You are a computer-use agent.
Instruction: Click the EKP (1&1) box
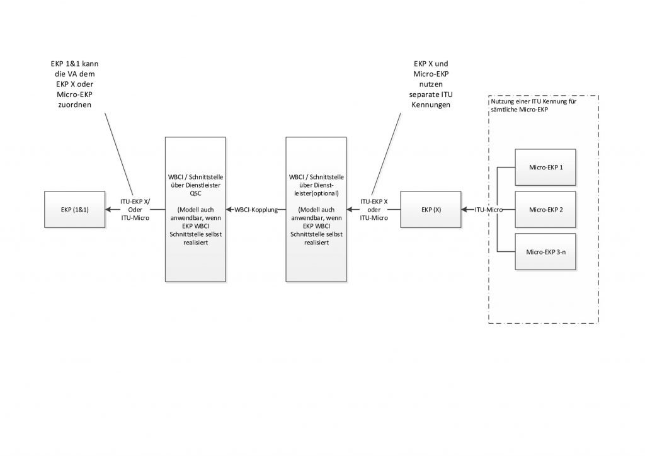pyautogui.click(x=74, y=209)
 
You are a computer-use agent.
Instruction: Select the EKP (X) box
pyautogui.click(x=431, y=209)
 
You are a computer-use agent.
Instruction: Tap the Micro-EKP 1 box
pyautogui.click(x=545, y=168)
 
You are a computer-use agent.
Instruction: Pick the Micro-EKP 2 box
pyautogui.click(x=545, y=209)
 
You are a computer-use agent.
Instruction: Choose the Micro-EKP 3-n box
pyautogui.click(x=545, y=252)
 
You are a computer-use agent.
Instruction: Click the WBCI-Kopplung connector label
pyautogui.click(x=256, y=210)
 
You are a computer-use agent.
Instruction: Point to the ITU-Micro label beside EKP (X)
pyautogui.click(x=489, y=210)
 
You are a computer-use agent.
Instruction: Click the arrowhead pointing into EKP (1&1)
pyautogui.click(x=108, y=209)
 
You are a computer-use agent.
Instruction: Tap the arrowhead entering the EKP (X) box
pyautogui.click(x=464, y=209)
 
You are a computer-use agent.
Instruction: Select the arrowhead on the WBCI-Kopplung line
pyautogui.click(x=229, y=209)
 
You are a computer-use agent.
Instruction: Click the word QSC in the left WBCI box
pyautogui.click(x=195, y=193)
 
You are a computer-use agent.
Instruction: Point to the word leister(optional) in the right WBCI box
pyautogui.click(x=316, y=193)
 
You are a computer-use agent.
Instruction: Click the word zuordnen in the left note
pyautogui.click(x=74, y=105)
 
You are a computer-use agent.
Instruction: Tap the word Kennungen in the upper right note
pyautogui.click(x=431, y=105)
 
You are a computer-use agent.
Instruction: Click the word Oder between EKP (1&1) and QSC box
pyautogui.click(x=135, y=210)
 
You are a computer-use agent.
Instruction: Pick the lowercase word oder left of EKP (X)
pyautogui.click(x=374, y=210)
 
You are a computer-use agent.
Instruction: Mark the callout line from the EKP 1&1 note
pyautogui.click(x=118, y=154)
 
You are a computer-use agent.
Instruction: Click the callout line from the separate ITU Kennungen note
pyautogui.click(x=386, y=154)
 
